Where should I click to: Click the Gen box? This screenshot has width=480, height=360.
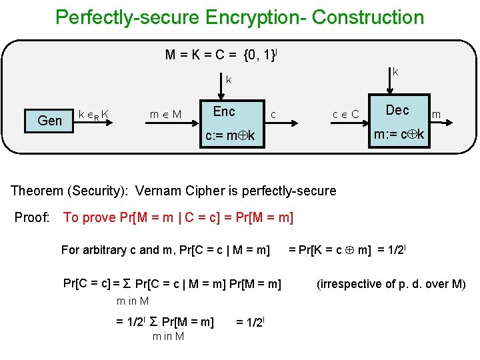tap(50, 120)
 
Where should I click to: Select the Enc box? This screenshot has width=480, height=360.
tap(224, 111)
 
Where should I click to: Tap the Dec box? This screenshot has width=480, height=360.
tap(397, 109)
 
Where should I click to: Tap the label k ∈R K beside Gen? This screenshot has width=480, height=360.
tap(94, 115)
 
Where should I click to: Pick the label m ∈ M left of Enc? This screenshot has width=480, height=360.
tap(165, 115)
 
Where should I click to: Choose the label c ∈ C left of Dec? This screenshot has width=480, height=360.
tap(346, 115)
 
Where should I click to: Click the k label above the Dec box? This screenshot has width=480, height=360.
tap(395, 71)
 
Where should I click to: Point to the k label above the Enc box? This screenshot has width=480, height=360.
tap(229, 80)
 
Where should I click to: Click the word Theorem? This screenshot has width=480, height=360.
tap(38, 191)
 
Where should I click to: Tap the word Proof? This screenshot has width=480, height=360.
tap(32, 217)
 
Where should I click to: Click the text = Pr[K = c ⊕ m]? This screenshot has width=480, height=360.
tap(329, 250)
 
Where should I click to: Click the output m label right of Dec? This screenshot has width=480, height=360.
tap(436, 115)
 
